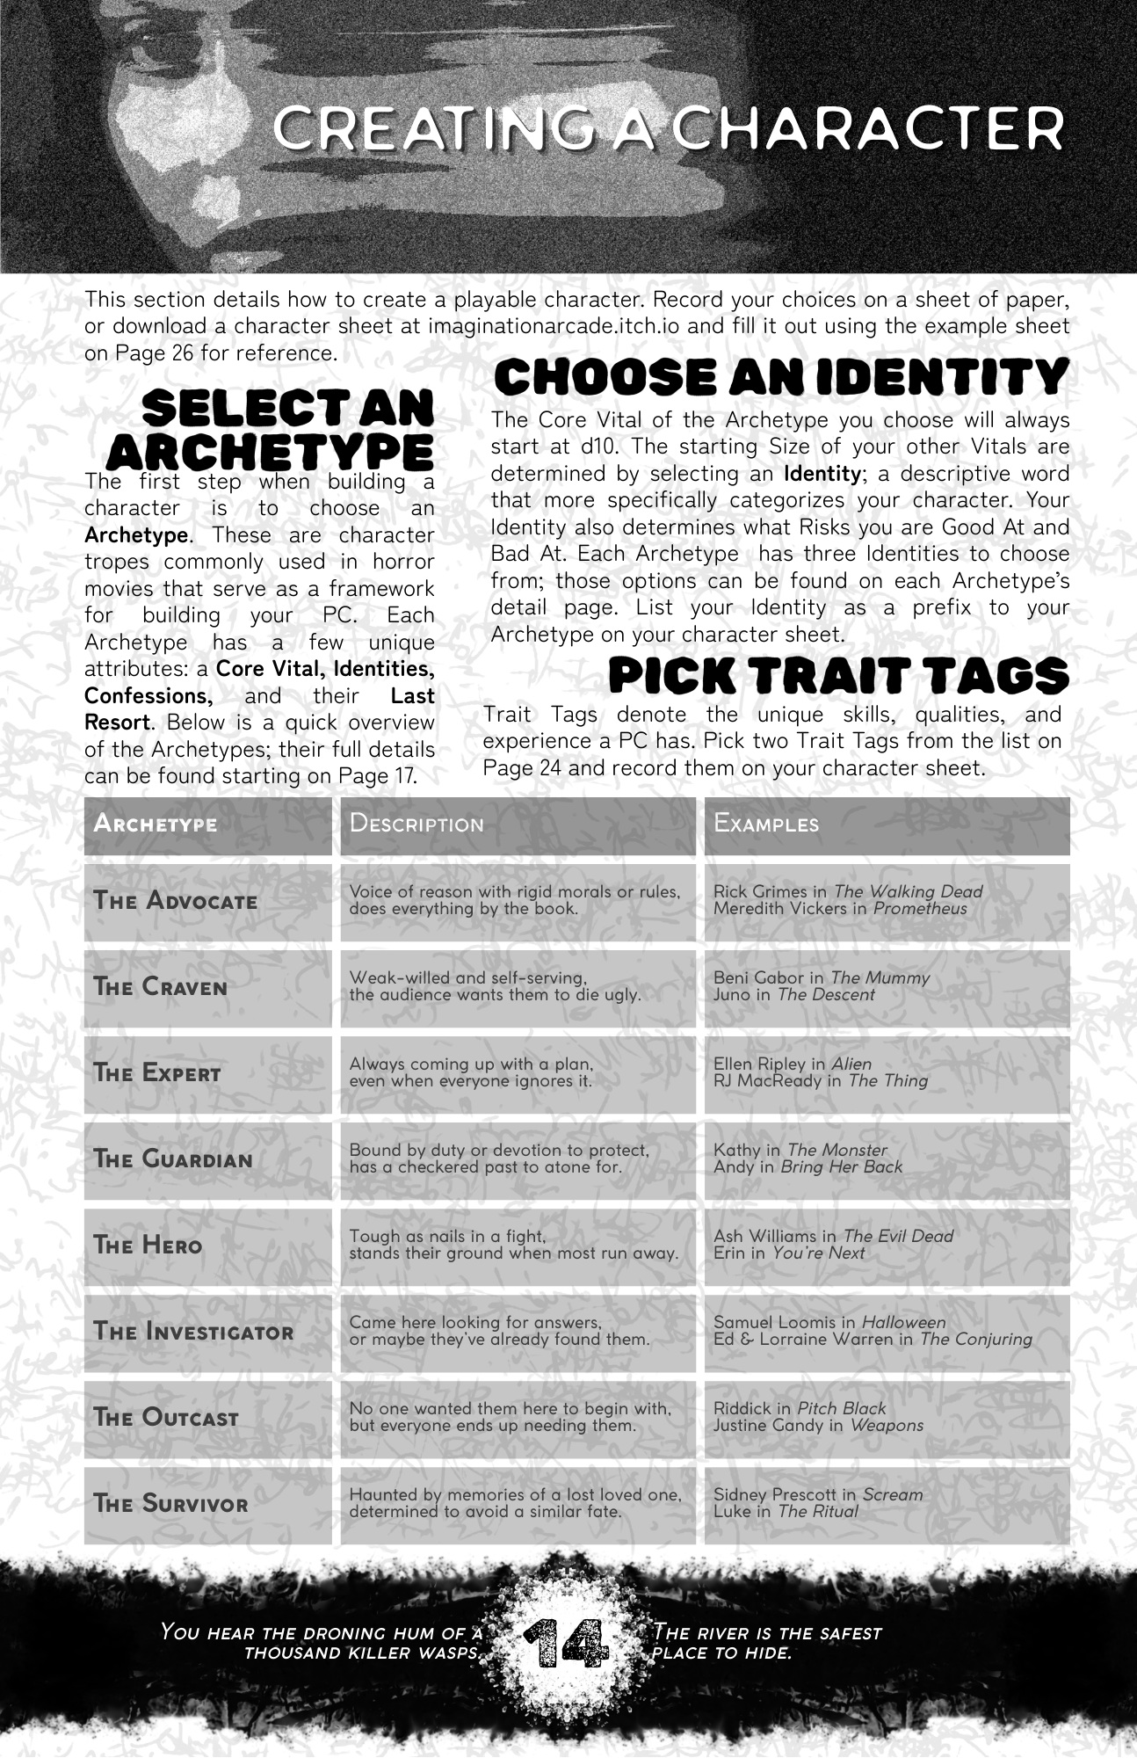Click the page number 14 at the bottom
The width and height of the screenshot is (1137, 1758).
coord(566,1642)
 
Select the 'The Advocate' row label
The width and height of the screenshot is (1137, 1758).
coord(176,901)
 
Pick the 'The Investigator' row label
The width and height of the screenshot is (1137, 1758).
coord(194,1332)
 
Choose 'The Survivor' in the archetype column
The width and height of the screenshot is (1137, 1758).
coord(171,1504)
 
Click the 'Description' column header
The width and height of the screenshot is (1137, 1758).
coord(416,825)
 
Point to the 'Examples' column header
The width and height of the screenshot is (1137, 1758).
coord(766,825)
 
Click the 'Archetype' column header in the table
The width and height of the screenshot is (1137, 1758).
coord(156,825)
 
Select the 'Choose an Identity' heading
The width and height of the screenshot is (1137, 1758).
coord(781,378)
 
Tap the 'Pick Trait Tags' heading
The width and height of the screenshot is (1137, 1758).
coord(838,676)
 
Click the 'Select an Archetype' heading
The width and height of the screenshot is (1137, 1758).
coord(272,431)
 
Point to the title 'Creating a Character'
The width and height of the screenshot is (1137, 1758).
coord(668,128)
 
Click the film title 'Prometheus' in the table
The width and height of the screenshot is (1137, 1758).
coord(920,909)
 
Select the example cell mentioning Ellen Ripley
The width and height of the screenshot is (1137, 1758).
coord(887,1072)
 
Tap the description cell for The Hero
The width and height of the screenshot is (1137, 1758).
coord(514,1245)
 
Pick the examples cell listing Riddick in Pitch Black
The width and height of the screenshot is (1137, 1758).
coord(887,1417)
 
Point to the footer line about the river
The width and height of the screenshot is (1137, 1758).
coord(766,1643)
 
